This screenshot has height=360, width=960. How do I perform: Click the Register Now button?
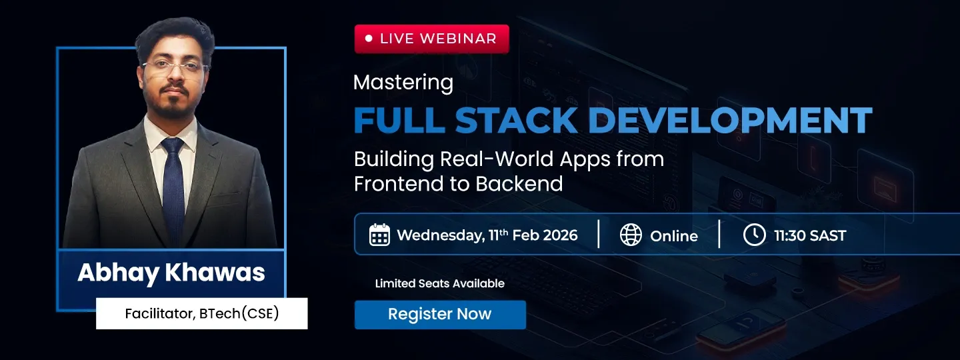point(440,315)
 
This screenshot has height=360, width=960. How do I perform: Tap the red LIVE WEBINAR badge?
point(431,39)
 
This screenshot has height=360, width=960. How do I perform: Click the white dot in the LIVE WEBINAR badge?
point(369,39)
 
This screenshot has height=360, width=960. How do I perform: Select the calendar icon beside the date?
point(379,235)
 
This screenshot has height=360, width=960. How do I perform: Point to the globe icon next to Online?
point(631,235)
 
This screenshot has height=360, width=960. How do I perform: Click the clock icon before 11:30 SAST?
point(754,235)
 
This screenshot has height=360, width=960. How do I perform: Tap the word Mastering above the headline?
point(403,83)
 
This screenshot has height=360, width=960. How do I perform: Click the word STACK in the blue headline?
point(516,120)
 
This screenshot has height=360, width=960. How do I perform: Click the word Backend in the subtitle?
point(519,184)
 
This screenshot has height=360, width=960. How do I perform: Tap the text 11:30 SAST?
point(810,235)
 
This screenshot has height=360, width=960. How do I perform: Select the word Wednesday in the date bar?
point(441,236)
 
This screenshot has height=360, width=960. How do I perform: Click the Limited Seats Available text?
point(440,283)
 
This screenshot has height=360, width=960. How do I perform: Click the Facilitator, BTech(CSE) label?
point(202,313)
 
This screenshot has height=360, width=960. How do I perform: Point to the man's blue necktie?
point(173,189)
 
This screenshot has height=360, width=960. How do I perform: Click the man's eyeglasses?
point(175,67)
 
